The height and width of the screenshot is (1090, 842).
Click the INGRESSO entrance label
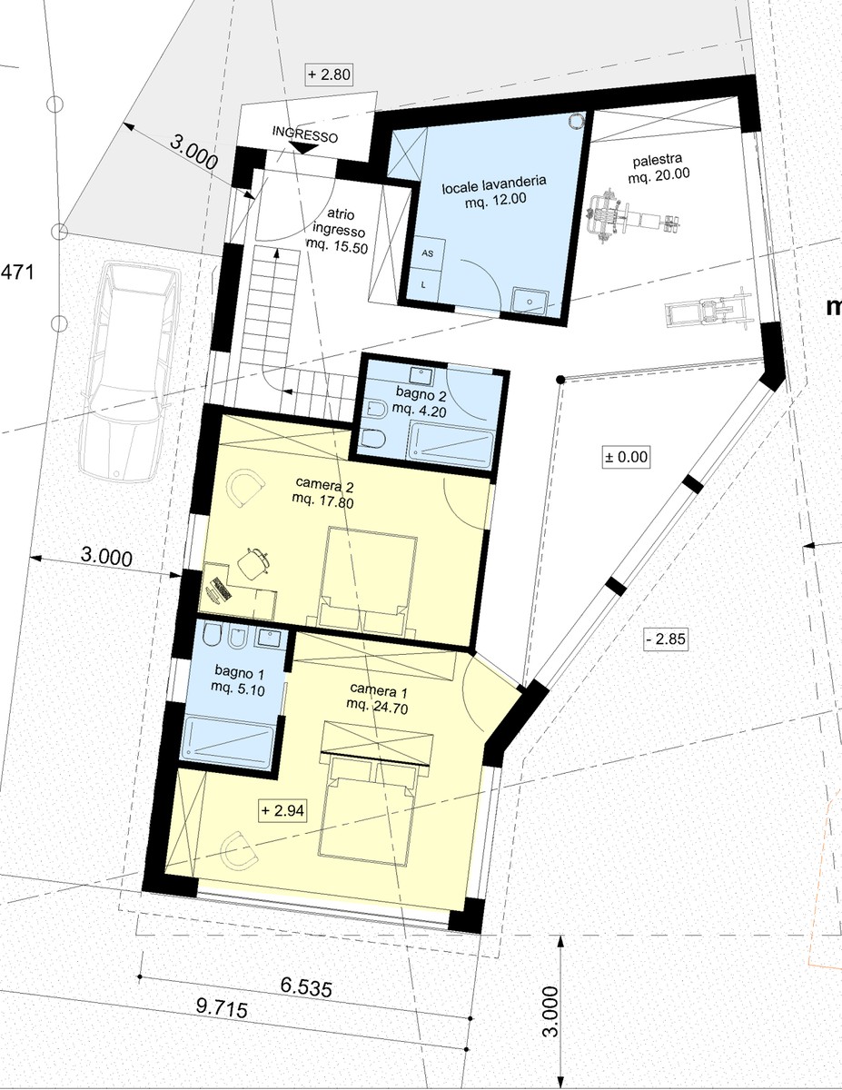pyautogui.click(x=305, y=134)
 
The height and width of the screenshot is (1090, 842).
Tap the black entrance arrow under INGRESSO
pyautogui.click(x=303, y=148)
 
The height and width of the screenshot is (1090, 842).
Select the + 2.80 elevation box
pyautogui.click(x=329, y=74)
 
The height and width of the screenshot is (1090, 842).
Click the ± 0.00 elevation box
pyautogui.click(x=626, y=457)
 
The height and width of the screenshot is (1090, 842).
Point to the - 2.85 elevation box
pyautogui.click(x=666, y=639)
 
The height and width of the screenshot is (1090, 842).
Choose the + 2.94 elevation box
pyautogui.click(x=282, y=810)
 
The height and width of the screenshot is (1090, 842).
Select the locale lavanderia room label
pyautogui.click(x=494, y=191)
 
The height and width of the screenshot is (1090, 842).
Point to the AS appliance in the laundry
pyautogui.click(x=427, y=254)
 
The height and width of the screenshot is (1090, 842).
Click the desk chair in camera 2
pyautogui.click(x=253, y=563)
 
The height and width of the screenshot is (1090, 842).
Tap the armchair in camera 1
pyautogui.click(x=242, y=854)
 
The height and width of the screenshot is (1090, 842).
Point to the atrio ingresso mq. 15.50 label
pyautogui.click(x=339, y=232)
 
